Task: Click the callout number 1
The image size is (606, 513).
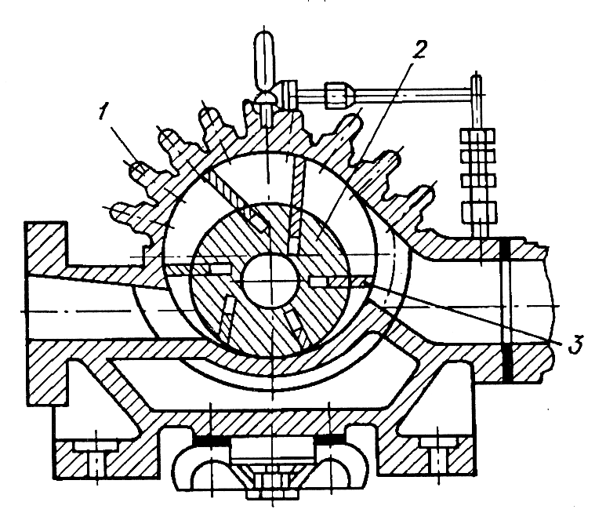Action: (102, 112)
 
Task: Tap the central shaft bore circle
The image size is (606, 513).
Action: (270, 281)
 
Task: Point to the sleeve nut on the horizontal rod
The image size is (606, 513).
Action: (337, 95)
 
